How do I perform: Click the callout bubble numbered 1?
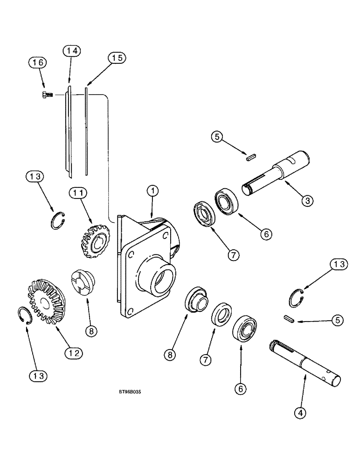tap(153, 191)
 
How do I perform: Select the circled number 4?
tap(300, 412)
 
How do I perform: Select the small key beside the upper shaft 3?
tap(251, 157)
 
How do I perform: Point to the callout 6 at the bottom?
tap(241, 388)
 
